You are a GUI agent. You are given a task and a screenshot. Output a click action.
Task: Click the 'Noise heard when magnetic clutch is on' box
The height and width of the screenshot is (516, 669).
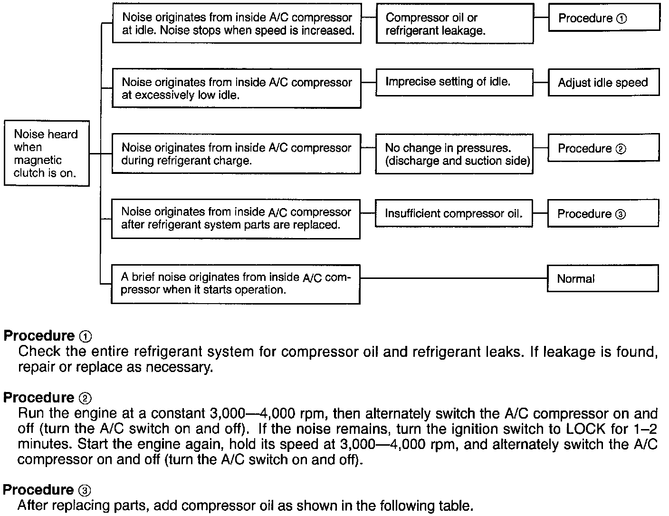pos(47,153)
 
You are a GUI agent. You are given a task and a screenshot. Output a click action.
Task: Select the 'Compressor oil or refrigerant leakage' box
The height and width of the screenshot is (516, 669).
pos(455,24)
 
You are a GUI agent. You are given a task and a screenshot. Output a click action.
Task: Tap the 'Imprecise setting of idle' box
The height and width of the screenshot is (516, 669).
pos(454,82)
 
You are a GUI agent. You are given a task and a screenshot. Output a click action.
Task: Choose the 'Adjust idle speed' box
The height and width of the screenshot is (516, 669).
pos(603,83)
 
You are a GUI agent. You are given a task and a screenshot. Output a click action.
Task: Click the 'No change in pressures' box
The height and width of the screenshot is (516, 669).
pos(454,154)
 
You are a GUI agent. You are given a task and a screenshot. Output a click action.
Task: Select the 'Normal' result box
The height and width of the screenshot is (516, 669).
pos(602,278)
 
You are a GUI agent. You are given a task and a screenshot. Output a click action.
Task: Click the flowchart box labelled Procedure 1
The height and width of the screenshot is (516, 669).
pos(603,19)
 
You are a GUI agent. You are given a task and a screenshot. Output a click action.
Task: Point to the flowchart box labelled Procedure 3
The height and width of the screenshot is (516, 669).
pos(602,214)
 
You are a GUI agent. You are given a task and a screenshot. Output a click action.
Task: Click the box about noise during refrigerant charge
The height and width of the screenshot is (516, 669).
pos(236,154)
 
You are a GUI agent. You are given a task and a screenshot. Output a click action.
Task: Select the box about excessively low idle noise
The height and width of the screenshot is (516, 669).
pos(236,89)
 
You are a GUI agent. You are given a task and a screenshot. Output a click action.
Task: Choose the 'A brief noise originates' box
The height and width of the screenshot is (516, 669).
pos(236,284)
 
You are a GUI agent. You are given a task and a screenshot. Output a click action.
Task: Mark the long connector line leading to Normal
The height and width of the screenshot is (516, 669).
pos(453,278)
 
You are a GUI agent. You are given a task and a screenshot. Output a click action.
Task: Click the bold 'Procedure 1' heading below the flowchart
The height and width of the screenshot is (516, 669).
pos(47,336)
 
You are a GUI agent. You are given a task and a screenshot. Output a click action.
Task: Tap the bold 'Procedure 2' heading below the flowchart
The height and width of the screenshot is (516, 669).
pos(47,398)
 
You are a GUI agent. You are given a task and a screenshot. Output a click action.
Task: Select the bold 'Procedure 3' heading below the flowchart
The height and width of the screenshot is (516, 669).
pos(47,490)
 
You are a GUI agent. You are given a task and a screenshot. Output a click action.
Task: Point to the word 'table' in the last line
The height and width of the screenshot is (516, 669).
pos(457,506)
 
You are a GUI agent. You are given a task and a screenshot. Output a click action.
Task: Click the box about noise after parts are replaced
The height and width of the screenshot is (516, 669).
pos(236,219)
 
